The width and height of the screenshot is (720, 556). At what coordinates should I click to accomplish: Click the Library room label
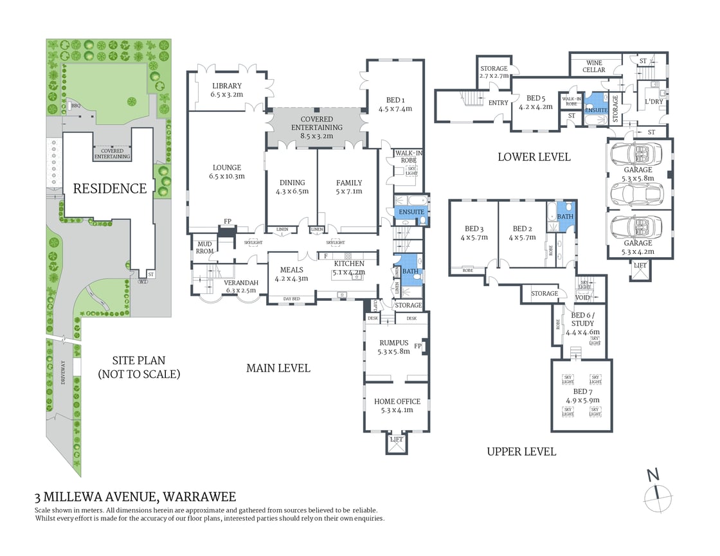click(226, 86)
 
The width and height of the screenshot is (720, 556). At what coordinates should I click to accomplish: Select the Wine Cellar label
click(593, 66)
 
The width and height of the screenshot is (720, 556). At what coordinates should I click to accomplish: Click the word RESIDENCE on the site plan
click(109, 188)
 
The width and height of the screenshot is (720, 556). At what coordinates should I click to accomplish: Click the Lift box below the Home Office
click(397, 440)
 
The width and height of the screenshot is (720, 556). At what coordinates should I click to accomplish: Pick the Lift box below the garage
click(640, 265)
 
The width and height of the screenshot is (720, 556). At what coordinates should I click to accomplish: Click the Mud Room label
click(204, 247)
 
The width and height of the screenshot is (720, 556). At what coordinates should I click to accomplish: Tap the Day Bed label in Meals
click(292, 299)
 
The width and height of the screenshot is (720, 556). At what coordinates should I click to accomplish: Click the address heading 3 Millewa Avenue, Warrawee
click(136, 496)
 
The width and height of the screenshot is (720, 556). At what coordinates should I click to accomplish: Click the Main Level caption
click(278, 368)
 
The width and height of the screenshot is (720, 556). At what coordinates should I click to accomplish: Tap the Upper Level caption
click(521, 451)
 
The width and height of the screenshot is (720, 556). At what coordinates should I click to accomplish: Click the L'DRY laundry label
click(654, 102)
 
